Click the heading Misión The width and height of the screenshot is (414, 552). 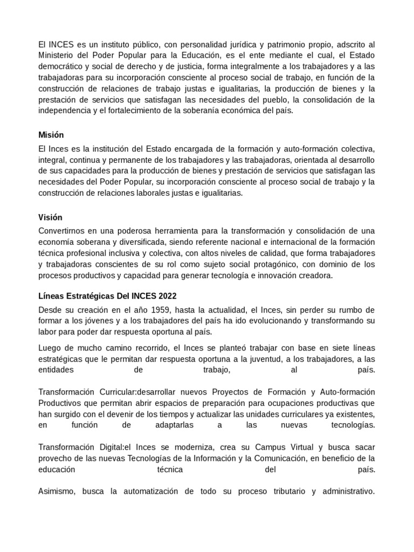pos(51,135)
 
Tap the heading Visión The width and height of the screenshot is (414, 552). pos(50,217)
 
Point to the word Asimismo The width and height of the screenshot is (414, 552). pos(57,491)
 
